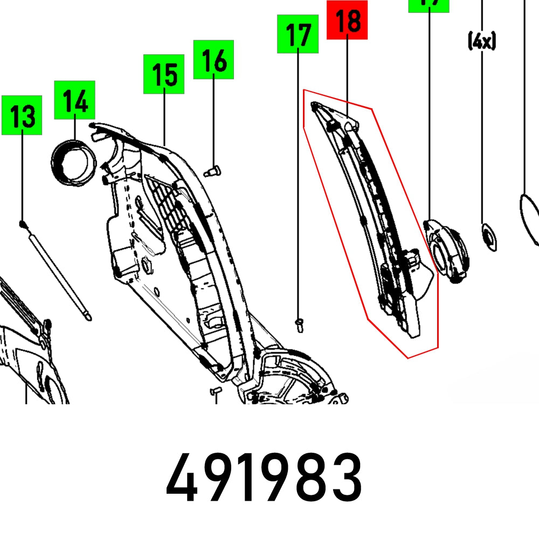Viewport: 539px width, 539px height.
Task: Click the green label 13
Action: pyautogui.click(x=22, y=115)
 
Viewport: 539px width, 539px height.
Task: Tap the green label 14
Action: pyautogui.click(x=74, y=100)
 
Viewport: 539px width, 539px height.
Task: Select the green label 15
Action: pyautogui.click(x=164, y=74)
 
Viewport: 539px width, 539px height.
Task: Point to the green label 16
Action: pyautogui.click(x=213, y=59)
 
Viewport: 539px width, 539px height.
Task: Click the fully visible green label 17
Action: pyautogui.click(x=298, y=34)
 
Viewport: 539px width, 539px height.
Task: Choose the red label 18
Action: pyautogui.click(x=347, y=20)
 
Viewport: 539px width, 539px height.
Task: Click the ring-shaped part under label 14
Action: pyautogui.click(x=73, y=161)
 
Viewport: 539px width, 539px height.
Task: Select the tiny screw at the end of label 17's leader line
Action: pyautogui.click(x=299, y=323)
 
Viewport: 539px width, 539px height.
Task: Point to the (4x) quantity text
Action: pyautogui.click(x=481, y=41)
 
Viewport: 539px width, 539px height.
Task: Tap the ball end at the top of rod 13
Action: pyautogui.click(x=22, y=223)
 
